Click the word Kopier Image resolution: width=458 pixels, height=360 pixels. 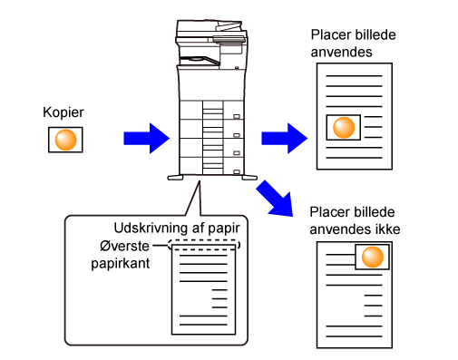click(63, 112)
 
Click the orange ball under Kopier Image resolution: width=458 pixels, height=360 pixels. click(65, 140)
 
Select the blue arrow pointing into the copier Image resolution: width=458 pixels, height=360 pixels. click(147, 139)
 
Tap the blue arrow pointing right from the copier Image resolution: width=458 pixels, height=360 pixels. click(285, 139)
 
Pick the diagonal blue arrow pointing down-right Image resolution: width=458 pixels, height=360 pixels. click(276, 199)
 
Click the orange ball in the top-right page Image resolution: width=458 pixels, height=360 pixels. click(344, 128)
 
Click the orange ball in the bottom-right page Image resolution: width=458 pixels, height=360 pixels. click(373, 257)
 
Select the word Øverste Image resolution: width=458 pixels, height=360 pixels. click(124, 246)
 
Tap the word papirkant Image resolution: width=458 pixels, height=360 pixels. click(121, 264)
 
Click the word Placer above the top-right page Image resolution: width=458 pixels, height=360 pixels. click(330, 34)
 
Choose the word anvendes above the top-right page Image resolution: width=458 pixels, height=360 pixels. click(341, 52)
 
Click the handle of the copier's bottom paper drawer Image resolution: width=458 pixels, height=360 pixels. click(237, 172)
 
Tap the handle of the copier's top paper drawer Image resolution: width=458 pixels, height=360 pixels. click(237, 116)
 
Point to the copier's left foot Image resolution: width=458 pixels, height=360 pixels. click(175, 178)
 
